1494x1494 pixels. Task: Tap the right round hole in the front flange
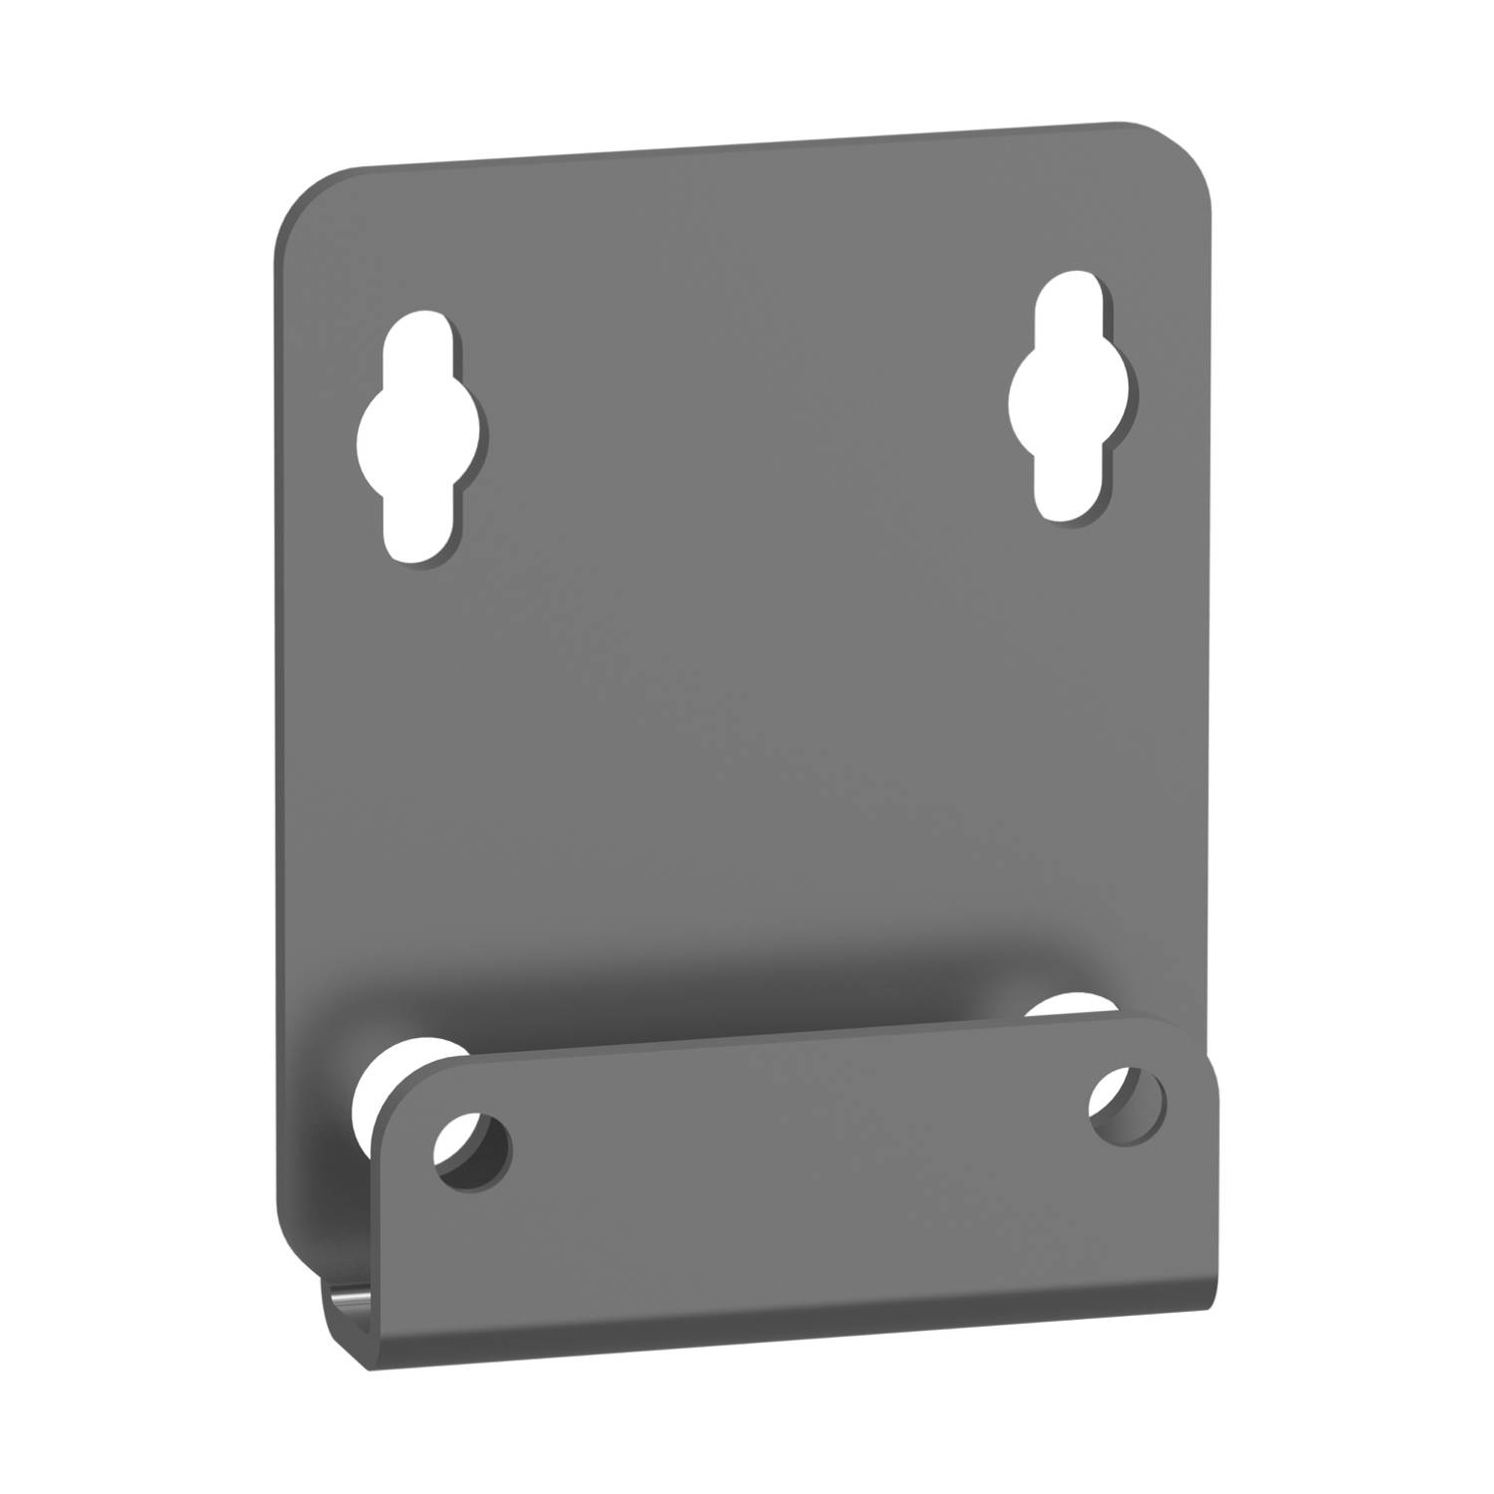[x=1127, y=1107]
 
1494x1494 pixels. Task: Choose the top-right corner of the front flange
[x=1200, y=1041]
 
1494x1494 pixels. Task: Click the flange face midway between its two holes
[x=797, y=1130]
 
